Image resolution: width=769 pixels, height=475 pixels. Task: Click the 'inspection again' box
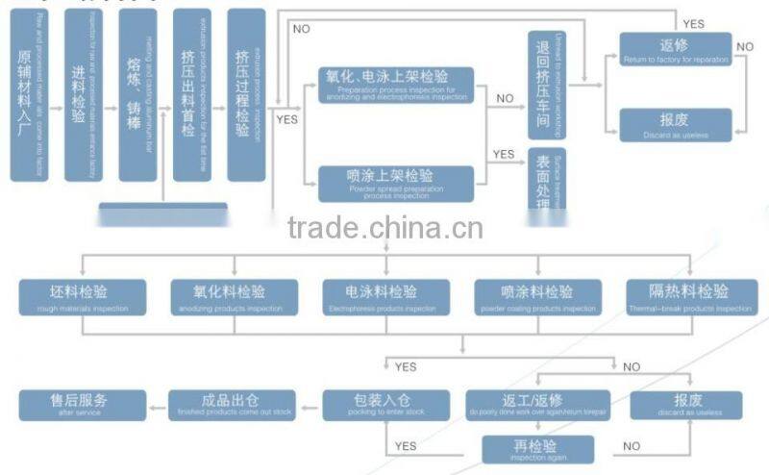click(536, 449)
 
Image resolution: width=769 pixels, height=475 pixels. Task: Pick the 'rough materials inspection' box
click(83, 297)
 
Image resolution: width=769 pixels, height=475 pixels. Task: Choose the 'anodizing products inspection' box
click(233, 297)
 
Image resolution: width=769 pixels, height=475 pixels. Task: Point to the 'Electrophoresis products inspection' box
click(384, 297)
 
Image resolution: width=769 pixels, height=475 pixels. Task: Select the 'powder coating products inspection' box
click(536, 297)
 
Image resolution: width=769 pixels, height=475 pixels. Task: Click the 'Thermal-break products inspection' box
click(689, 297)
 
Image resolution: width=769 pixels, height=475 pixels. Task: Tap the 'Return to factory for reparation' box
click(675, 49)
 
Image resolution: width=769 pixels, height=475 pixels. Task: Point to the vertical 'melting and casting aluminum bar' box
click(137, 95)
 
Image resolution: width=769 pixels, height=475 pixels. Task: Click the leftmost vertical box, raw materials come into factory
click(29, 95)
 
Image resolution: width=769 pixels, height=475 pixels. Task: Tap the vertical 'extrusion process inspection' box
click(246, 95)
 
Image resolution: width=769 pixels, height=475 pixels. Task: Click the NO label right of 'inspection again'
click(632, 446)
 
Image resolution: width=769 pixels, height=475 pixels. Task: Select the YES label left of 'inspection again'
click(406, 446)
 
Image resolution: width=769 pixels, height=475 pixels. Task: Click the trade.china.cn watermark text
click(384, 229)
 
